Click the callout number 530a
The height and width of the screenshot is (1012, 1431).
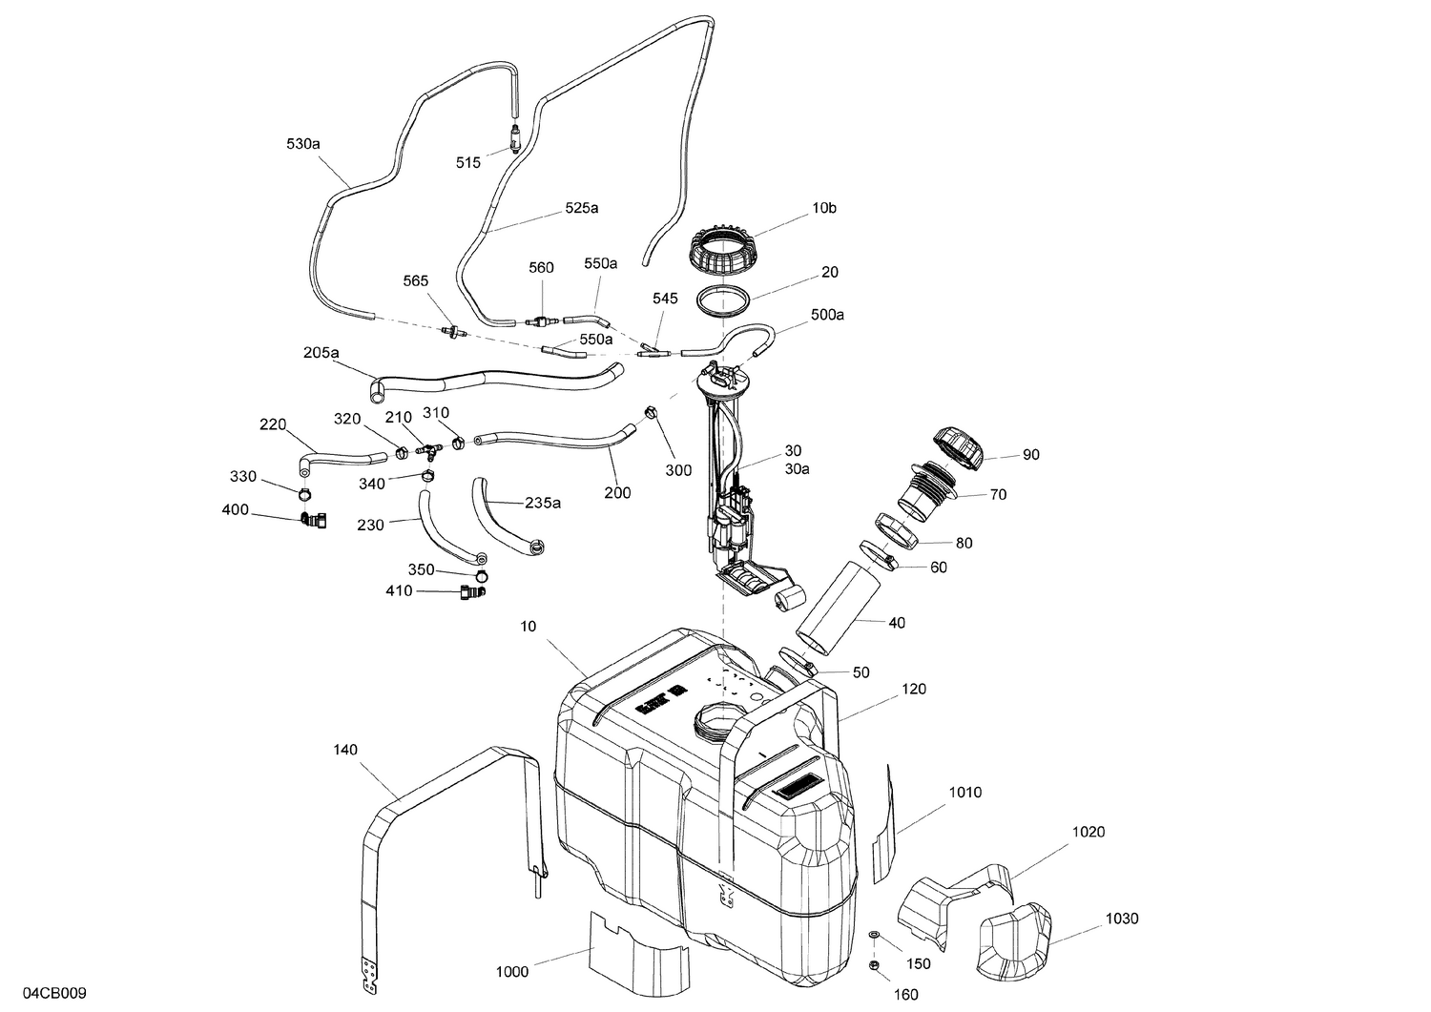click(302, 144)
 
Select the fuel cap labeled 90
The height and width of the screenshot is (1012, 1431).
click(957, 447)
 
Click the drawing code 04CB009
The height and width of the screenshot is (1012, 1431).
click(55, 993)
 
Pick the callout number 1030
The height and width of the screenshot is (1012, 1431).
click(1121, 919)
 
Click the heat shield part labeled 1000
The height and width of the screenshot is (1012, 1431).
click(636, 950)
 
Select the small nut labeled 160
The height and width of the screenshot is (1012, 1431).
click(873, 967)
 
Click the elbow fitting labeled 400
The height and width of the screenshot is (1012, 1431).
click(312, 520)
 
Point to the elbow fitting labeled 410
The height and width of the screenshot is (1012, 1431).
click(471, 593)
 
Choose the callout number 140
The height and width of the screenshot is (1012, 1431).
click(345, 750)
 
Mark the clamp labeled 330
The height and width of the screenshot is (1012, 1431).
click(304, 494)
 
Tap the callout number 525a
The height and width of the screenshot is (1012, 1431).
click(582, 207)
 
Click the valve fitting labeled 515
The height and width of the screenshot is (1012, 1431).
click(515, 138)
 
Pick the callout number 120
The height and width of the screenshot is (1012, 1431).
click(913, 689)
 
